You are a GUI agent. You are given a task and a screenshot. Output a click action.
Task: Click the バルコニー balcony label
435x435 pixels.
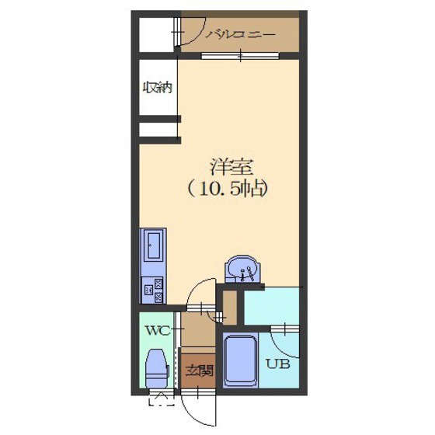click(x=240, y=35)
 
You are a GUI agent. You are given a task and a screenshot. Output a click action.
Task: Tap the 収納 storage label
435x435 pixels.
click(x=158, y=88)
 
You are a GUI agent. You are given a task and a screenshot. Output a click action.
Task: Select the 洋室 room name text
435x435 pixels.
click(x=232, y=167)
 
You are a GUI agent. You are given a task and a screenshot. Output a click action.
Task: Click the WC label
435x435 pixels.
click(x=158, y=331)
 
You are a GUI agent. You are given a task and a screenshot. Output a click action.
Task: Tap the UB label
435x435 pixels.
click(x=278, y=364)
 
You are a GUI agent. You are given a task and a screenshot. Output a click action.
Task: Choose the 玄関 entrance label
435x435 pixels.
click(x=199, y=371)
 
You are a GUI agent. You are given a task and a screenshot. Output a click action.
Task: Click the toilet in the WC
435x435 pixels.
click(x=157, y=368)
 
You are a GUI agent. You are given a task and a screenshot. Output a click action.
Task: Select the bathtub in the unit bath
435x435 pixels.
click(x=241, y=360)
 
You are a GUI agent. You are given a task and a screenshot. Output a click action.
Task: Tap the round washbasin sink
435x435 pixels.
click(x=242, y=269)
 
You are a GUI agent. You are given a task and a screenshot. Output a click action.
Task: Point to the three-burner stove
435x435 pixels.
click(x=152, y=291)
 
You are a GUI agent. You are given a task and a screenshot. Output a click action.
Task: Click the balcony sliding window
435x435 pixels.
click(x=240, y=56)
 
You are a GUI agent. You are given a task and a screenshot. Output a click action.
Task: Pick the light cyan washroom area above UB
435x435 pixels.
click(x=271, y=306)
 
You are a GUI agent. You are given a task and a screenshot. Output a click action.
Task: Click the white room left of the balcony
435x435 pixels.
click(x=156, y=34)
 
